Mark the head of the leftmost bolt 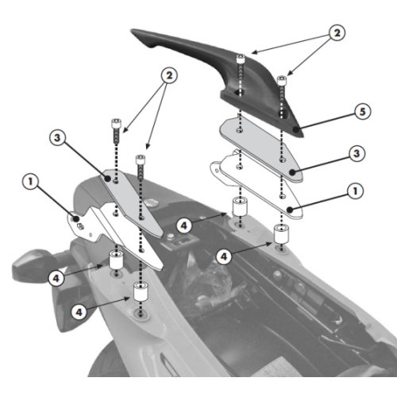tap(116, 121)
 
